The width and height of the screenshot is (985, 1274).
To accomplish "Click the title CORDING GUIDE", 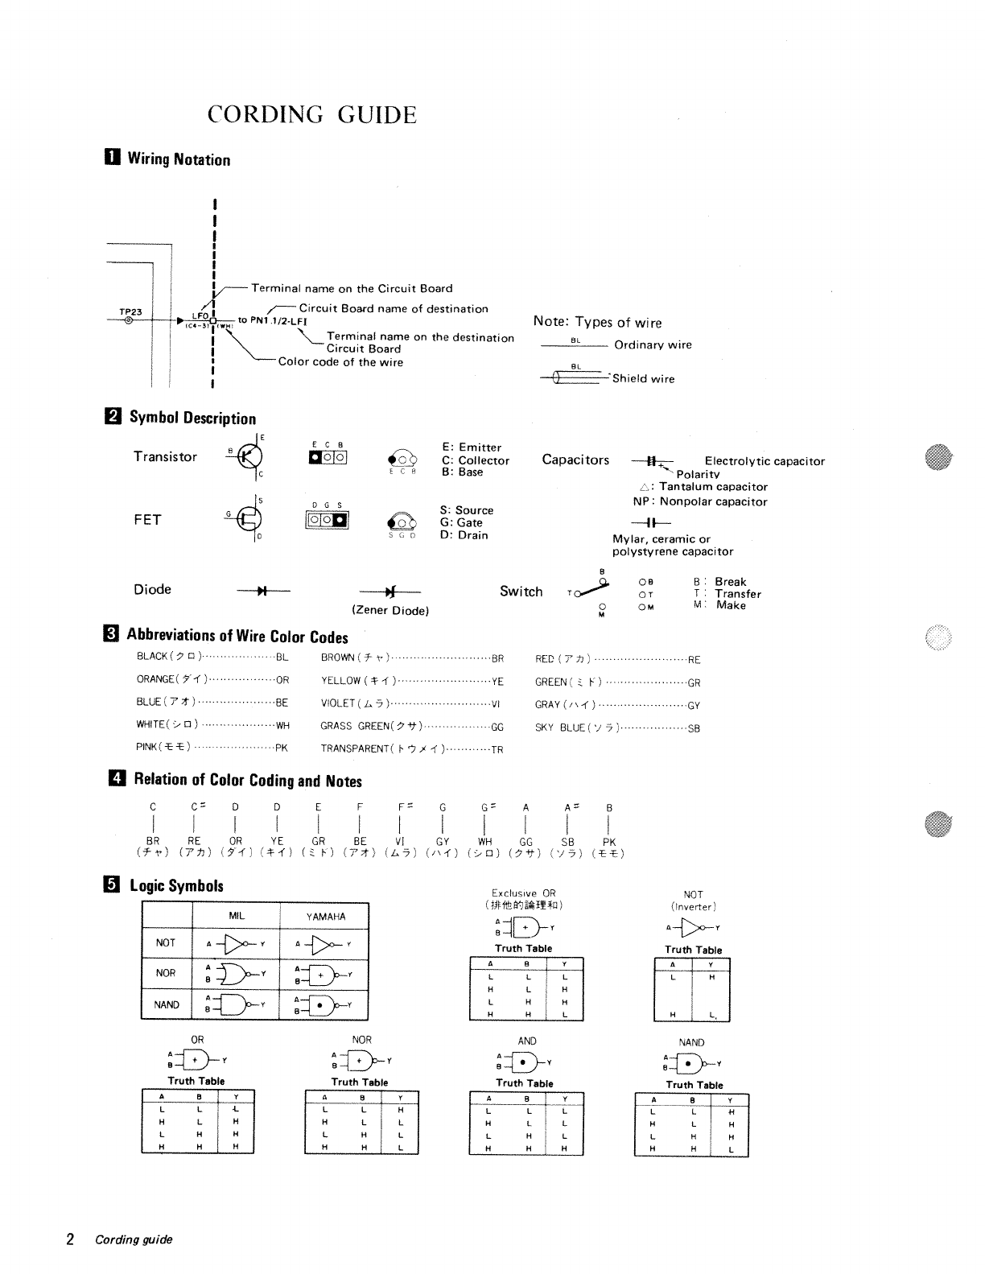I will (x=312, y=115).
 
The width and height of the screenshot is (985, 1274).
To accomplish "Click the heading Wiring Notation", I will (x=179, y=159).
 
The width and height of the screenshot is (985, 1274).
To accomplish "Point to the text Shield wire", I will (x=643, y=379).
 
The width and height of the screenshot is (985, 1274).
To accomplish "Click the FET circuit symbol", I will (x=249, y=520).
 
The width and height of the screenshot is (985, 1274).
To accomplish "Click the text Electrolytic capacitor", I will (x=765, y=461).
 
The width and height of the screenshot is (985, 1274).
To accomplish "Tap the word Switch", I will (x=521, y=592).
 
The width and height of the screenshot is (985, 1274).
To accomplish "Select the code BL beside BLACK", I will (x=282, y=657).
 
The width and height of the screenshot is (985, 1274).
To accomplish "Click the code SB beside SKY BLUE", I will (x=694, y=728).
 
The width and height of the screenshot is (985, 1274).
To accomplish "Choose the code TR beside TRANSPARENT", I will (x=497, y=749).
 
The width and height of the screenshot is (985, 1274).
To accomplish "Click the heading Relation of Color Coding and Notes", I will (x=248, y=780).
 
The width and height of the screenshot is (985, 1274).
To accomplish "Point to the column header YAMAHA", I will (x=326, y=917).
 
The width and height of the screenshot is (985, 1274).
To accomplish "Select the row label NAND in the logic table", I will (x=167, y=1004).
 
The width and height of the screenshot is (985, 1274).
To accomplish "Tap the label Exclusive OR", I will (x=523, y=893).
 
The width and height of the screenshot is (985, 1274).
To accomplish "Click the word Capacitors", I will (x=575, y=460).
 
